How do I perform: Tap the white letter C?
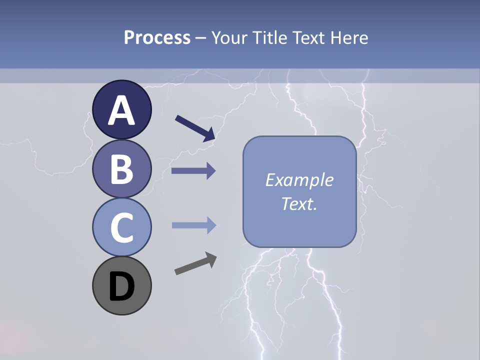121,227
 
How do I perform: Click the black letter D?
121,286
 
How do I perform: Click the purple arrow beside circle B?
193,171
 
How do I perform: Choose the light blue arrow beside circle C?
193,225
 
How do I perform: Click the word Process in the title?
157,38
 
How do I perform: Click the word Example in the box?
299,180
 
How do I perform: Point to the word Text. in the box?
299,204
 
